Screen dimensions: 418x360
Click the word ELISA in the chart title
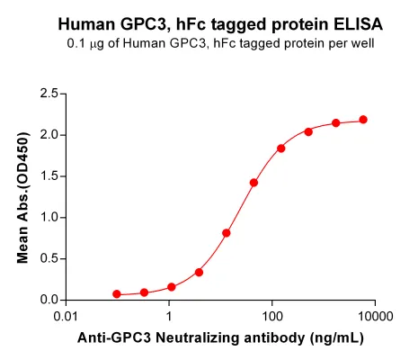pyautogui.click(x=358, y=24)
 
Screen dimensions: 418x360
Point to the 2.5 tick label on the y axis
pyautogui.click(x=49, y=94)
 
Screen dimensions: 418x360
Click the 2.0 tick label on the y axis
pyautogui.click(x=49, y=135)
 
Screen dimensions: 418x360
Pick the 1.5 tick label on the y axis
pyautogui.click(x=49, y=176)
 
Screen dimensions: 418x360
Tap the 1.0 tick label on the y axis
pyautogui.click(x=49, y=217)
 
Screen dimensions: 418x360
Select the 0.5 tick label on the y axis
pyautogui.click(x=49, y=258)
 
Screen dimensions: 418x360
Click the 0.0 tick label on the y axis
pyautogui.click(x=49, y=300)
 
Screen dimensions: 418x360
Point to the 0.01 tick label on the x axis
pyautogui.click(x=66, y=316)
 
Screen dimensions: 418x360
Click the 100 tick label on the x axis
pyautogui.click(x=272, y=316)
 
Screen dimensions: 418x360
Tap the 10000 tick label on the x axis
pyautogui.click(x=375, y=316)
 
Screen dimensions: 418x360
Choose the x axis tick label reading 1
pyautogui.click(x=169, y=316)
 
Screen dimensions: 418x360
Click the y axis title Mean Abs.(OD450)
pyautogui.click(x=22, y=198)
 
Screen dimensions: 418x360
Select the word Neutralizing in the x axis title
pyautogui.click(x=199, y=338)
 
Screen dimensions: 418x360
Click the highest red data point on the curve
pyautogui.click(x=363, y=120)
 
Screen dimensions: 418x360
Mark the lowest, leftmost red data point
pyautogui.click(x=117, y=294)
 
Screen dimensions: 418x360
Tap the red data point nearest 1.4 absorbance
pyautogui.click(x=253, y=183)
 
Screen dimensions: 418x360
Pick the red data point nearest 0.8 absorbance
pyautogui.click(x=227, y=233)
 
